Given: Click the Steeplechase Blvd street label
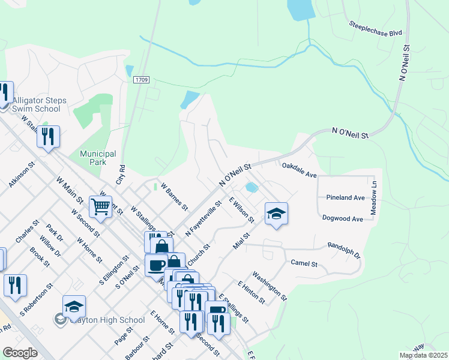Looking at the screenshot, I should pos(375,28).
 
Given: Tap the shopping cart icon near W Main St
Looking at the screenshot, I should pos(100,207).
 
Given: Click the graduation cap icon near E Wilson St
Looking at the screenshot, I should pos(276,214).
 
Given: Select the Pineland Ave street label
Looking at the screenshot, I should pos(345,197).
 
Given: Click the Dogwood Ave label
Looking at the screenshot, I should pos(342,219).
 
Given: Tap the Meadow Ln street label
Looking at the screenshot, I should pos(373,198).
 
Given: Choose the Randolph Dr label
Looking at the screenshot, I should pos(343,249).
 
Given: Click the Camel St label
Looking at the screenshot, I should pos(303,263).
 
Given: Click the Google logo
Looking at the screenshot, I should pos(20,353).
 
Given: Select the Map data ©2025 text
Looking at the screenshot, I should pos(422,355).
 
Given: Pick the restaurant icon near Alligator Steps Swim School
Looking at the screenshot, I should pos(48,137).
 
